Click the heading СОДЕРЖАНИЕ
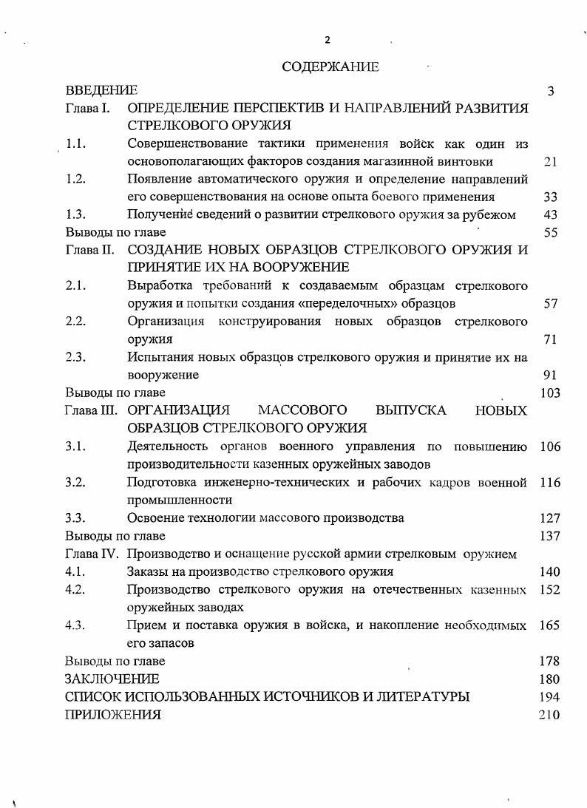[x=330, y=67]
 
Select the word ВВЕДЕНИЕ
[x=101, y=91]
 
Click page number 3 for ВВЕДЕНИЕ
[x=551, y=92]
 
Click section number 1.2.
[x=76, y=180]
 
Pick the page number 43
[x=550, y=215]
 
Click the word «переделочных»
[x=385, y=304]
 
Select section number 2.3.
[x=76, y=358]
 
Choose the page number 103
[x=550, y=393]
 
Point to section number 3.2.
[x=76, y=483]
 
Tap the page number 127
[x=550, y=518]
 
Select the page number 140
[x=550, y=571]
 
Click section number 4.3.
[x=76, y=625]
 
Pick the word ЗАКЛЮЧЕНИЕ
[x=112, y=679]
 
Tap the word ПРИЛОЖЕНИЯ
[x=112, y=715]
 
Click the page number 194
[x=550, y=696]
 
